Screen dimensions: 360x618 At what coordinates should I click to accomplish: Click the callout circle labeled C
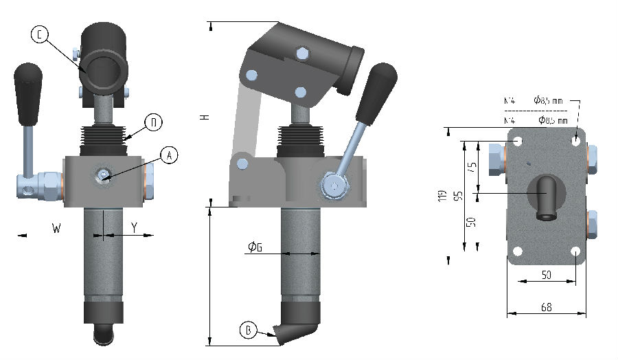(39, 35)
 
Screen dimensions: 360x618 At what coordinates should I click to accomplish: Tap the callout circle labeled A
(168, 155)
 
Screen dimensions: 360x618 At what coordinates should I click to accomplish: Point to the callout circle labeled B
(249, 330)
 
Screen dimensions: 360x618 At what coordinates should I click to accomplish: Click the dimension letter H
(203, 117)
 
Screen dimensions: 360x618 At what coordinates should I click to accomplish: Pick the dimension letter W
(56, 227)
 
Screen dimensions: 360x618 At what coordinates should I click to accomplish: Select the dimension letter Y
(134, 227)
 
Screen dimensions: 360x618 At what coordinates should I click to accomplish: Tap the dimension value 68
(547, 307)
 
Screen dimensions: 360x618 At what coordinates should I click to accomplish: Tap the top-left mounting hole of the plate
(517, 142)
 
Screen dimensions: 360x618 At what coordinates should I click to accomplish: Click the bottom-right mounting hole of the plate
(575, 251)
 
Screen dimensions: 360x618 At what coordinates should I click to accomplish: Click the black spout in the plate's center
(546, 199)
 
